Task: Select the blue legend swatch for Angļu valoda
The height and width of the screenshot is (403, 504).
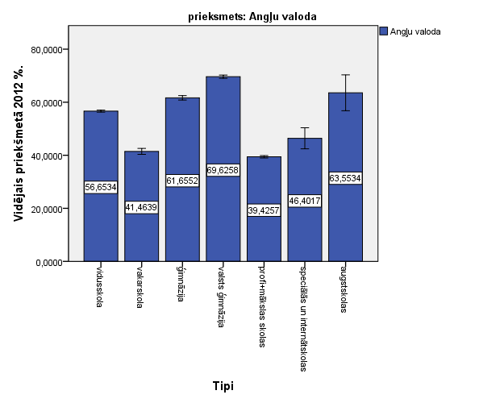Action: tap(383, 31)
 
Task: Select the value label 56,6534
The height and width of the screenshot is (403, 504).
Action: tap(101, 187)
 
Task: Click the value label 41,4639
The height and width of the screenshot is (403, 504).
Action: tap(142, 207)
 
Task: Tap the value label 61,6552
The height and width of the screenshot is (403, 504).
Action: tap(182, 181)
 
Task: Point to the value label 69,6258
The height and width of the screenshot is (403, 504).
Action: tap(223, 170)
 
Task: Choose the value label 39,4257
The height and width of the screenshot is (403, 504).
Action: tap(264, 210)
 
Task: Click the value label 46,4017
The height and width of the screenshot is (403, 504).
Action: tap(305, 201)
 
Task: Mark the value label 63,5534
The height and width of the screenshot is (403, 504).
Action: tap(345, 178)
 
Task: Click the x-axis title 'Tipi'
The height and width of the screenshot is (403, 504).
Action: tap(223, 386)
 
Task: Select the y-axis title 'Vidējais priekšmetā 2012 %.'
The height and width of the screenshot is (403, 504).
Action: tap(17, 144)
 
